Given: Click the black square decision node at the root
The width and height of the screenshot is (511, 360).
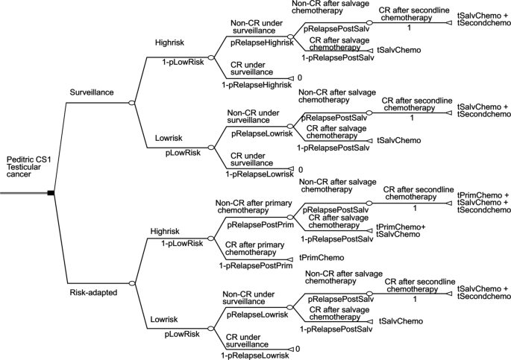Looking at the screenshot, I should click(51, 193).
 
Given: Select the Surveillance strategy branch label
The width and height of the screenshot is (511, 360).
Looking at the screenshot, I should click(92, 92).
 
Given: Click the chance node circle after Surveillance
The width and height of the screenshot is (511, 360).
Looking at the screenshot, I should click(131, 101).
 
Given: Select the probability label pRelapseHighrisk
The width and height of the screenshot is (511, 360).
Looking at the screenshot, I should click(254, 44).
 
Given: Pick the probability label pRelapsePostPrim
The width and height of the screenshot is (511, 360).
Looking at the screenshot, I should click(254, 224).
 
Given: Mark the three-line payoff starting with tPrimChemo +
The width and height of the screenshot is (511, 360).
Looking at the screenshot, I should click(482, 202).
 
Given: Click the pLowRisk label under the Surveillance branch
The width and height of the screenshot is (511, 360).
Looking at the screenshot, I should click(183, 153).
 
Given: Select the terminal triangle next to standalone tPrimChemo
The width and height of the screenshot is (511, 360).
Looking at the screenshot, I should click(291, 259).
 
